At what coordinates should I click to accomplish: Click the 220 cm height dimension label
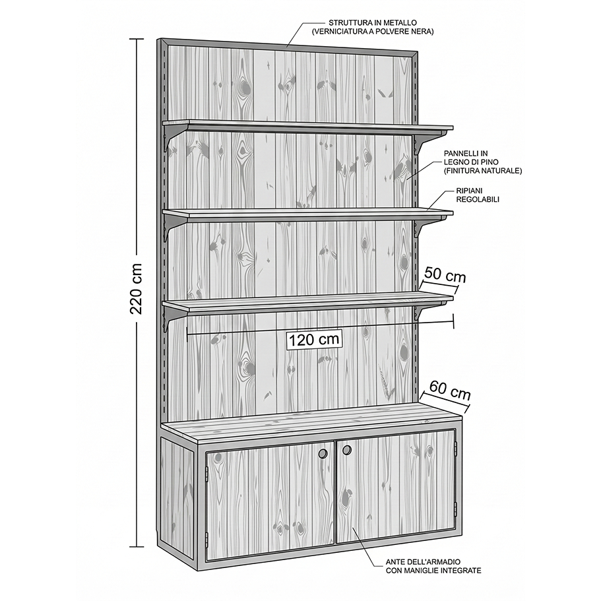click(x=137, y=288)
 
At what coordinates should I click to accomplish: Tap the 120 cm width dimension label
click(x=314, y=339)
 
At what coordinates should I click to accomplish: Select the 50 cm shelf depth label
click(x=445, y=276)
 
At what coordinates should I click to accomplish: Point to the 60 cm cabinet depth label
click(x=450, y=390)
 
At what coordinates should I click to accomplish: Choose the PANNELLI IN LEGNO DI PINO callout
click(x=483, y=162)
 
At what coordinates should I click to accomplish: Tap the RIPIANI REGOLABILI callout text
click(x=478, y=195)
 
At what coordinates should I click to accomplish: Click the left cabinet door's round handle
click(x=323, y=453)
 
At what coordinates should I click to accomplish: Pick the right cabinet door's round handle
click(x=347, y=451)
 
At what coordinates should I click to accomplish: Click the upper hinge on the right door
click(x=456, y=447)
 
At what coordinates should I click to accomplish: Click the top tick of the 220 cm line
click(x=137, y=39)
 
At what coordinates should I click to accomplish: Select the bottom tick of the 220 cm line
click(x=137, y=546)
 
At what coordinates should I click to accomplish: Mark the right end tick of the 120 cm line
click(x=454, y=321)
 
